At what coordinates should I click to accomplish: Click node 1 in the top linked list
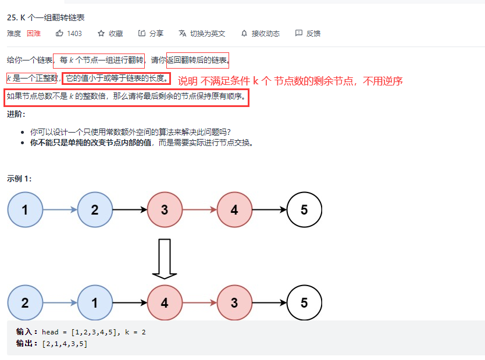point(25,209)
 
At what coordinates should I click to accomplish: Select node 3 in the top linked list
point(165,209)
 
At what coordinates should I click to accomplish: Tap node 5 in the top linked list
point(304,209)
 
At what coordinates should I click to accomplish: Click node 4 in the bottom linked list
point(165,303)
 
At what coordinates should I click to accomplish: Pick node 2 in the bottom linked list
point(25,303)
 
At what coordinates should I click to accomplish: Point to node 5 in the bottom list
point(304,303)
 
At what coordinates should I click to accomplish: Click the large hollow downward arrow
point(165,258)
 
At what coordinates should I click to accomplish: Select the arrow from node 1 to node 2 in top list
point(59,209)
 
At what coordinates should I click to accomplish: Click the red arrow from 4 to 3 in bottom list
point(199,303)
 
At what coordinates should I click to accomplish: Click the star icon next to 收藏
point(101,33)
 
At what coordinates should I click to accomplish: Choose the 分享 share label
point(156,33)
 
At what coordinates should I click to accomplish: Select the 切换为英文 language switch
point(207,33)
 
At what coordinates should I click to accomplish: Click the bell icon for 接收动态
point(244,33)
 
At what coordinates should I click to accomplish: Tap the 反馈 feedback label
point(313,33)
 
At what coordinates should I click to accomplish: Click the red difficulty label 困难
point(34,33)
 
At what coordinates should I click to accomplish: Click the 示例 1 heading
point(20,178)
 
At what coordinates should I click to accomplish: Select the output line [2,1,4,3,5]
point(64,344)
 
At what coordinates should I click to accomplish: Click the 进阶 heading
point(16,114)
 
